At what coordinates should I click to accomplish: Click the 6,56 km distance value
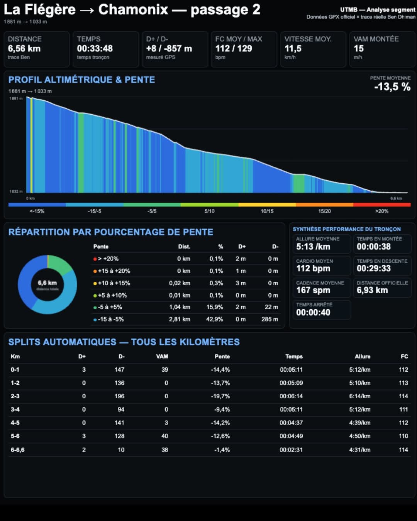point(24,48)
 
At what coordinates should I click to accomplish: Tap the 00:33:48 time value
point(95,48)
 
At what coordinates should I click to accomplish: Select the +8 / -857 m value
point(169,48)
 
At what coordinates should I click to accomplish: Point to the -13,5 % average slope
point(392,87)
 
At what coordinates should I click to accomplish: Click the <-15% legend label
point(37,211)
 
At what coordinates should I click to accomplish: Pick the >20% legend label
point(381,211)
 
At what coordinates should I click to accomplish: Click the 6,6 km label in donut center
point(47,282)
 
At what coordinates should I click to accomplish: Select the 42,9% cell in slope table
point(214,319)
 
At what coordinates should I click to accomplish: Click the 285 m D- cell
point(270,319)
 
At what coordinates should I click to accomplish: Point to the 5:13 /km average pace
point(313,247)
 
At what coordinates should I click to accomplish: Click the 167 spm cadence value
point(313,290)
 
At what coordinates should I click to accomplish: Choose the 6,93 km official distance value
point(372,290)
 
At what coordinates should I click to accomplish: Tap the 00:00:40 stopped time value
point(313,312)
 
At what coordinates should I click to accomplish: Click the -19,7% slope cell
point(220,396)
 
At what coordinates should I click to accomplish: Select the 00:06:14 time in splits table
point(291,396)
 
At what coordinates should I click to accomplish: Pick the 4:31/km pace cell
point(359,450)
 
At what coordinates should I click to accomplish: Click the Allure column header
point(363,356)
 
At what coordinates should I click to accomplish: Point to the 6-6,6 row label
point(17,450)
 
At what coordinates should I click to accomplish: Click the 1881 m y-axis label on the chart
point(16,98)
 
